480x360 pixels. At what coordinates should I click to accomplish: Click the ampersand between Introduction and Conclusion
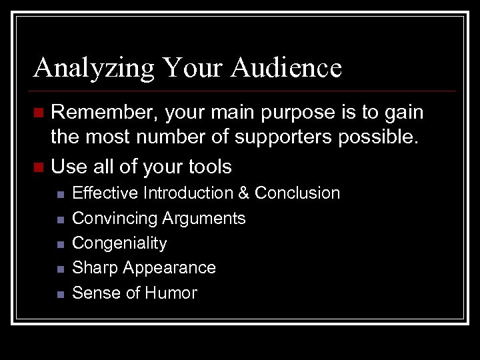[x=243, y=193]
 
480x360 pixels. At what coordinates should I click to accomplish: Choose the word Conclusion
[x=297, y=193]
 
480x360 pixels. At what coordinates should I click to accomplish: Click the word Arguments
[x=205, y=219]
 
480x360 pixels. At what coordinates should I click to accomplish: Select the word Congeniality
[x=119, y=243]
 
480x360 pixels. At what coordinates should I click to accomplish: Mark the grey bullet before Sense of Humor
[x=59, y=293]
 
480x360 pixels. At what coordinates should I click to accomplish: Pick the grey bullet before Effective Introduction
[x=59, y=194]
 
